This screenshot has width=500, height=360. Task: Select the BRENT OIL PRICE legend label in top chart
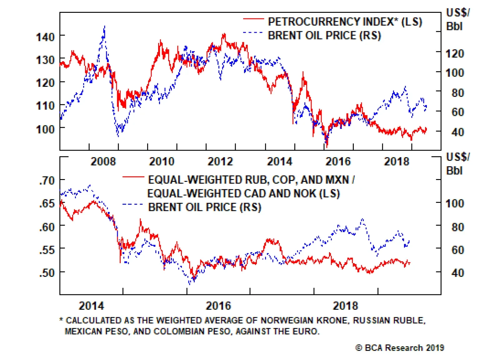click(x=324, y=35)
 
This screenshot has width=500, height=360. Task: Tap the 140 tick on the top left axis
click(x=45, y=37)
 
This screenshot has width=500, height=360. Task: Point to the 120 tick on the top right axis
click(x=454, y=53)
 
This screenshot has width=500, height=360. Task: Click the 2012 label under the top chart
click(x=220, y=161)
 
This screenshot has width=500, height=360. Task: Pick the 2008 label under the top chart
click(x=103, y=161)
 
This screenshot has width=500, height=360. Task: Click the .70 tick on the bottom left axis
click(x=47, y=180)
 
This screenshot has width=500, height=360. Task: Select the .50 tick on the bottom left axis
click(x=47, y=272)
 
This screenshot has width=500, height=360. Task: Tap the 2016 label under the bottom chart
click(x=218, y=306)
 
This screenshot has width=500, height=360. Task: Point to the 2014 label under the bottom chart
click(x=91, y=306)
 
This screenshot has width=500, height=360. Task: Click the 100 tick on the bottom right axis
click(x=454, y=203)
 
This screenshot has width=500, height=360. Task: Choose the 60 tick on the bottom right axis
click(x=457, y=250)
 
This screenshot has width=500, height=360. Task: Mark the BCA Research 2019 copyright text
click(x=400, y=348)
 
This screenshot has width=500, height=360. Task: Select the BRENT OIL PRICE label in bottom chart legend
click(x=204, y=207)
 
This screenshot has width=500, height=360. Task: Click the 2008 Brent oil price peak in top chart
click(x=104, y=27)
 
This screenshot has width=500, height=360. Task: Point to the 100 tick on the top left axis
click(x=45, y=128)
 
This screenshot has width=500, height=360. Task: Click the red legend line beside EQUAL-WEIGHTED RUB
click(x=133, y=177)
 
